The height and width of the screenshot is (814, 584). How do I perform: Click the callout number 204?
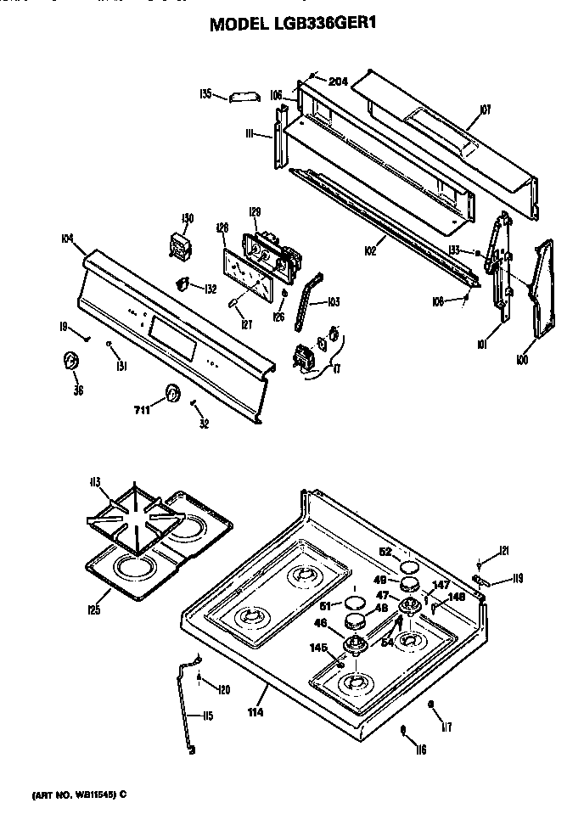tap(338, 81)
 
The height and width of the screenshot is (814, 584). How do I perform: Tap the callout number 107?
tap(486, 109)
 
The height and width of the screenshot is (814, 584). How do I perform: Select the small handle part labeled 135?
tap(242, 98)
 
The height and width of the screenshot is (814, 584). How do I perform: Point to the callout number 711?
tap(142, 410)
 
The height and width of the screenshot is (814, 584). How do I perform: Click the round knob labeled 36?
tap(71, 362)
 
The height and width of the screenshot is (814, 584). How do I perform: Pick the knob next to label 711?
tap(172, 393)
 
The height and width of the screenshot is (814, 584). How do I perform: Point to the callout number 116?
tap(420, 749)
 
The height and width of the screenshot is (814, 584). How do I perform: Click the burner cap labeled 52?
tap(409, 566)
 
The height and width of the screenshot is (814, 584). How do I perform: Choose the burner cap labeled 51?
tap(354, 603)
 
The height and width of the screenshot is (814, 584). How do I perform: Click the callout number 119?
tap(516, 580)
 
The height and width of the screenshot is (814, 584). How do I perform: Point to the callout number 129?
tap(254, 211)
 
